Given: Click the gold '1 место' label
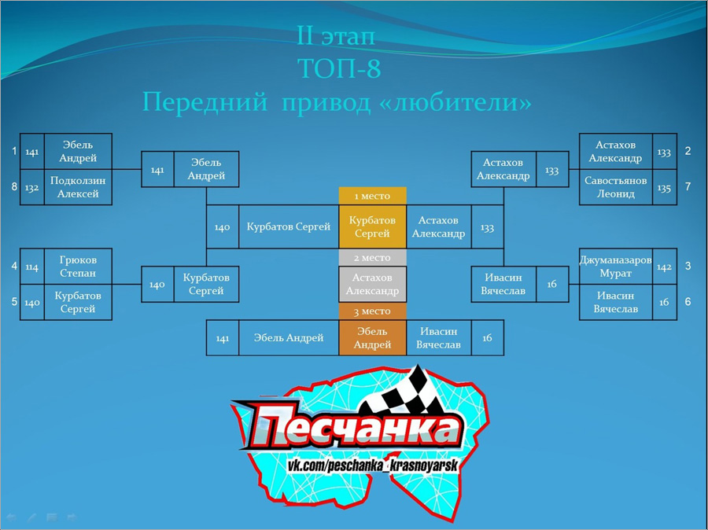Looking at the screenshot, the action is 373,196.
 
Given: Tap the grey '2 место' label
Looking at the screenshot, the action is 373,258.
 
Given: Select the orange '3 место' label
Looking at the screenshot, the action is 373,311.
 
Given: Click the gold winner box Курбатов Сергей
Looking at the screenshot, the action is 373,226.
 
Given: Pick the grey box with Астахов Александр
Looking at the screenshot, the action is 373,284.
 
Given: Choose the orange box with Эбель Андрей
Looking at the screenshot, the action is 373,337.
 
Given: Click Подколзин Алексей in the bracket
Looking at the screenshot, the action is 78,187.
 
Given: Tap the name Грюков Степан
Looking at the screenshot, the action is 78,267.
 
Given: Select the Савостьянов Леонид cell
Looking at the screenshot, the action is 615,187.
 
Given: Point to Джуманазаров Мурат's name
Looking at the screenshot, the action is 615,267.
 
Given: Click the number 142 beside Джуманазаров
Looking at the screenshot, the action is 664,267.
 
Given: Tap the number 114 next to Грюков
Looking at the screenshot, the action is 31,267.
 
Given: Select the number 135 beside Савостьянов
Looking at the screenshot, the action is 664,188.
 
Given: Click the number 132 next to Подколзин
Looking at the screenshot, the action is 31,188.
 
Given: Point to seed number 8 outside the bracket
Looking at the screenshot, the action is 14,186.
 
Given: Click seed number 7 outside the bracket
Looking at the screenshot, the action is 688,186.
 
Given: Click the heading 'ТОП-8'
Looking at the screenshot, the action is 340,68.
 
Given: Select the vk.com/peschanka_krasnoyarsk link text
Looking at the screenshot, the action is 373,465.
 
